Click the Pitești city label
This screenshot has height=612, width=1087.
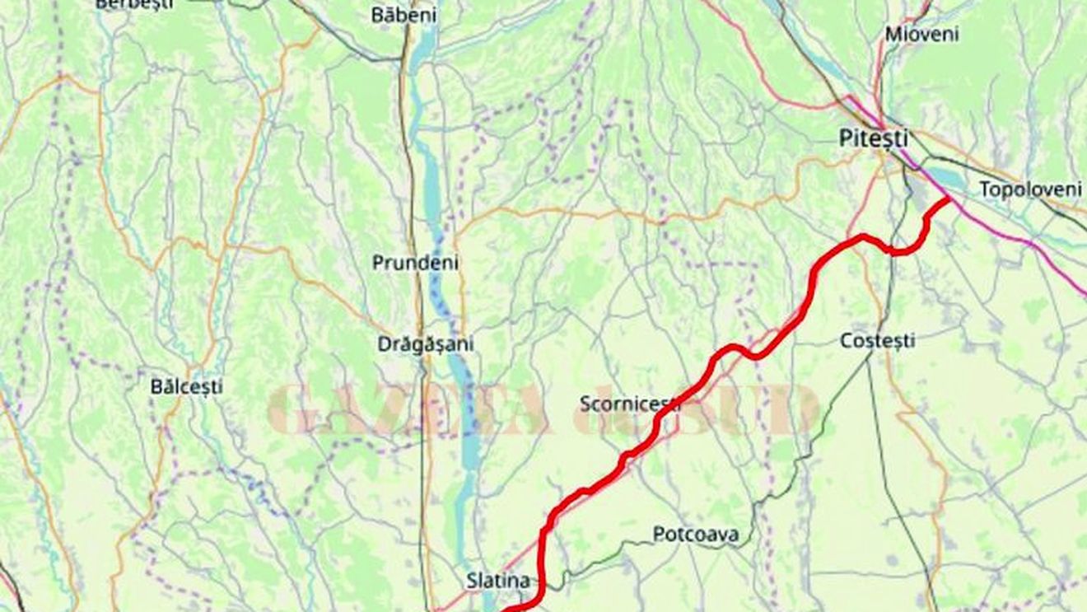[874, 139]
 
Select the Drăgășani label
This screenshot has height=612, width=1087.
[426, 344]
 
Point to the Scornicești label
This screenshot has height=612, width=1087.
[630, 404]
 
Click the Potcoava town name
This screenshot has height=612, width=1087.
[695, 535]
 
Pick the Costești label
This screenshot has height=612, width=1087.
[877, 340]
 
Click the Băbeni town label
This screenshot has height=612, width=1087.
[404, 15]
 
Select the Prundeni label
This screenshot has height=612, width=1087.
[415, 263]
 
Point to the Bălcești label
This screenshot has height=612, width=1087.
[186, 386]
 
